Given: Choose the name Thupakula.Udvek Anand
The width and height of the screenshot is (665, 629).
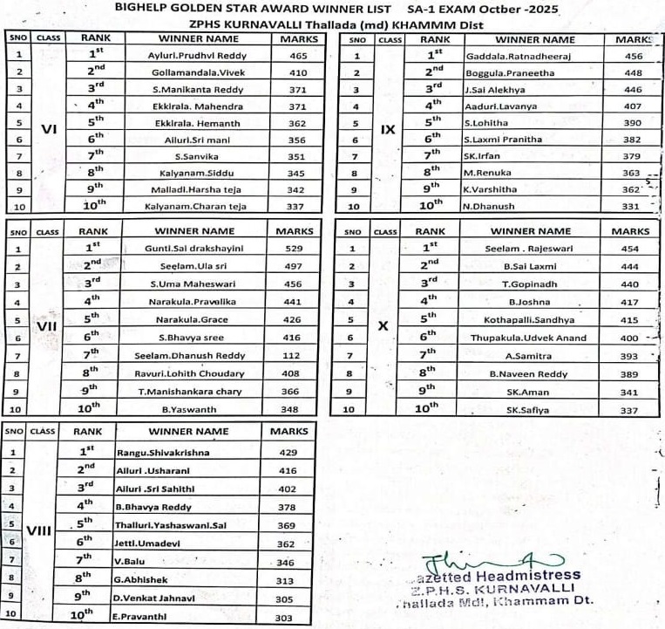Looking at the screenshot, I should click(529, 338).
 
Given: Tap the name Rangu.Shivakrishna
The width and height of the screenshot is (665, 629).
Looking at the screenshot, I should click(156, 453).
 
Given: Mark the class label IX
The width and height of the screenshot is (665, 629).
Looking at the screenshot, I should click(389, 130).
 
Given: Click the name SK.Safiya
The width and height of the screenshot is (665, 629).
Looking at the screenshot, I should click(529, 410).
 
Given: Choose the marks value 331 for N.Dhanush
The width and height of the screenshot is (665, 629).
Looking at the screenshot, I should click(634, 207).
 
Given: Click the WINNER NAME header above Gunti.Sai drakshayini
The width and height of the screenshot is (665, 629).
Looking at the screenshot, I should click(195, 231).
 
